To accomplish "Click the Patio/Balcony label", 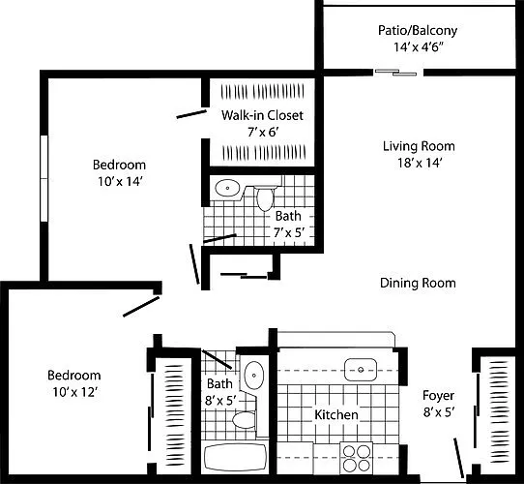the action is pyautogui.click(x=418, y=30).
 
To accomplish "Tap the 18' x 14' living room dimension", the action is pyautogui.click(x=420, y=163).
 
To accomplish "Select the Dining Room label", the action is pyautogui.click(x=418, y=284).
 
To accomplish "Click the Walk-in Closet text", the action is pyautogui.click(x=262, y=115).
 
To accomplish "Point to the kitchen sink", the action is pyautogui.click(x=361, y=370).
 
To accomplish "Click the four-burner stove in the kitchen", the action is pyautogui.click(x=356, y=458).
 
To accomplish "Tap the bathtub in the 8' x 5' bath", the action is pyautogui.click(x=236, y=458).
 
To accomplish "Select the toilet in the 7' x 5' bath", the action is pyautogui.click(x=265, y=198).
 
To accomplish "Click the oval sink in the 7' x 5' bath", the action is pyautogui.click(x=227, y=188).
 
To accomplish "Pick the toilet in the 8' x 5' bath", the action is pyautogui.click(x=244, y=420).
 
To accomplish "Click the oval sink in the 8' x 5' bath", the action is pyautogui.click(x=254, y=376).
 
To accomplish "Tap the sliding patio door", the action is pyautogui.click(x=396, y=73).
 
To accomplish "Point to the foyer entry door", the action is pyautogui.click(x=458, y=458).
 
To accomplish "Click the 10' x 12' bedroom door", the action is pyautogui.click(x=141, y=307).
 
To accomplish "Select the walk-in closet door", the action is pyautogui.click(x=191, y=114).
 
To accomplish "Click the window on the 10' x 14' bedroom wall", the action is pyautogui.click(x=44, y=178).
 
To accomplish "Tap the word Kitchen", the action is pyautogui.click(x=336, y=415).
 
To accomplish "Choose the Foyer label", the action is pyautogui.click(x=438, y=396).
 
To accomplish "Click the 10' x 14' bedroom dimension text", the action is pyautogui.click(x=120, y=181).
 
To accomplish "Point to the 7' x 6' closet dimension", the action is pyautogui.click(x=263, y=133).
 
